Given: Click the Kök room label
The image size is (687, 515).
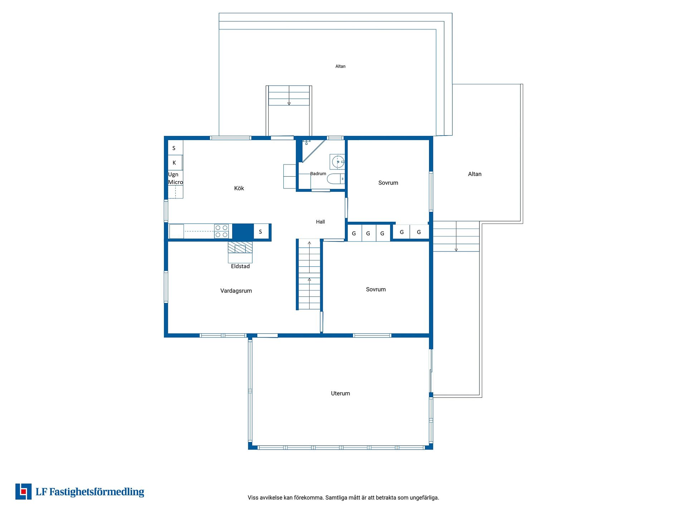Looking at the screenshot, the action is (239, 188).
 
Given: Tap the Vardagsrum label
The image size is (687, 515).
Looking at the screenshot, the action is (236, 291).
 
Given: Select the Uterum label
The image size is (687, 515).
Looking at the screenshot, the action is (340, 393).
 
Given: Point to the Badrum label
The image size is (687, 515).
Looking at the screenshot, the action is (318, 173).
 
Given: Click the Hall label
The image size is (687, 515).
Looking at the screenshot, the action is (320, 222).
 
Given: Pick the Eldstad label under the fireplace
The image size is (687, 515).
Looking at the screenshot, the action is (240, 266).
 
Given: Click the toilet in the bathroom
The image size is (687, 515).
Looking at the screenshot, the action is (336, 178).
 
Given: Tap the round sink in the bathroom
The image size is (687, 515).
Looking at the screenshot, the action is (337, 162).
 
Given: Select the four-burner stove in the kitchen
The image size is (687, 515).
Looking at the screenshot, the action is (221, 231).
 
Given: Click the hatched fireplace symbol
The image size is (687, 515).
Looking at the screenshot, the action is (240, 247).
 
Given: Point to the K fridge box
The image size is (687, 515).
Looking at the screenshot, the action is (175, 163).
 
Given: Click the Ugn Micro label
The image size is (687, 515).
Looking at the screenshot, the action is (175, 178).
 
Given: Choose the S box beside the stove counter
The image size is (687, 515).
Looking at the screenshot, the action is (260, 232).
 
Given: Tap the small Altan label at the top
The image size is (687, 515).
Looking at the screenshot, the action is (340, 66).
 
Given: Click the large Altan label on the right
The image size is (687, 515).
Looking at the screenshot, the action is (474, 174).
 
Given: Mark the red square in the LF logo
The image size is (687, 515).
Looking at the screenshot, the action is (24, 492).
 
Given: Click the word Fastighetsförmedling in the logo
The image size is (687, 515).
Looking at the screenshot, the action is (97, 492).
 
